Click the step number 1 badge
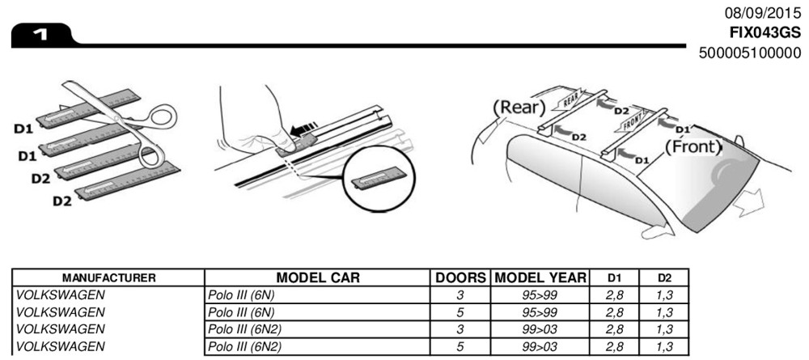coord(38,36)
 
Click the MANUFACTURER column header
coord(108,278)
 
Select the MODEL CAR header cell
coord(318,277)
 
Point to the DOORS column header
coord(460,277)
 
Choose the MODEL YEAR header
coord(540,277)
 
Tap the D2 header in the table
coord(663,278)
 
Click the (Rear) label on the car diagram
coord(518,107)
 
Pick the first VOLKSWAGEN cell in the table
coord(61,294)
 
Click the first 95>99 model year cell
coord(540,294)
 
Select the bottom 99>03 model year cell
coord(540,347)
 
